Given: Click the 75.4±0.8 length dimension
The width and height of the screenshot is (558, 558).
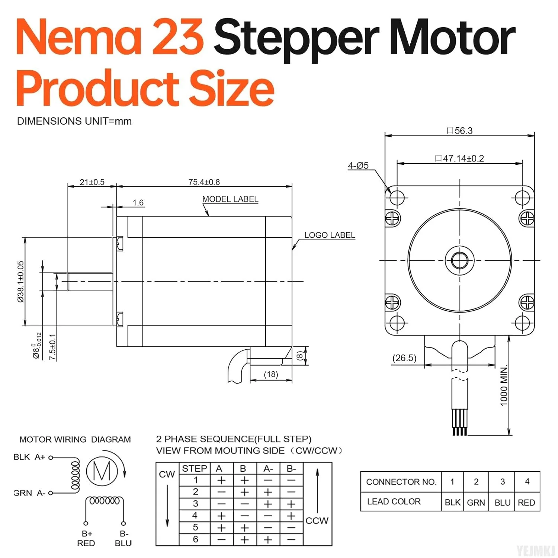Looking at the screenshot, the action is click(x=204, y=182).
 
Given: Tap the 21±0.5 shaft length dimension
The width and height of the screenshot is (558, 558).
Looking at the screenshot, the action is click(x=92, y=182).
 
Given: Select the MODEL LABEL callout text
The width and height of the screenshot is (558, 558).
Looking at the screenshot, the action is click(x=230, y=199).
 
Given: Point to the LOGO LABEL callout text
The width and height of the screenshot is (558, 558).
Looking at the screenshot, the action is click(x=330, y=235).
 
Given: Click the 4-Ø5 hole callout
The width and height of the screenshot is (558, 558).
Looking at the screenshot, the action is click(x=358, y=166).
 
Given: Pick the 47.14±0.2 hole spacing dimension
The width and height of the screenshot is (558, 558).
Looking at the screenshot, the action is click(x=460, y=158).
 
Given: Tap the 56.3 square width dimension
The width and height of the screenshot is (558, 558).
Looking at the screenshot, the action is click(x=460, y=131).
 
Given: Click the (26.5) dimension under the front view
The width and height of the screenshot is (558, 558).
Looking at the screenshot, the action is click(x=404, y=358).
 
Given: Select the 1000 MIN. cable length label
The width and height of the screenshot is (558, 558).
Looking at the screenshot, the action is click(x=504, y=386).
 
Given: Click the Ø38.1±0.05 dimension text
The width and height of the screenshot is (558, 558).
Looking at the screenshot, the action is click(x=21, y=282).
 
